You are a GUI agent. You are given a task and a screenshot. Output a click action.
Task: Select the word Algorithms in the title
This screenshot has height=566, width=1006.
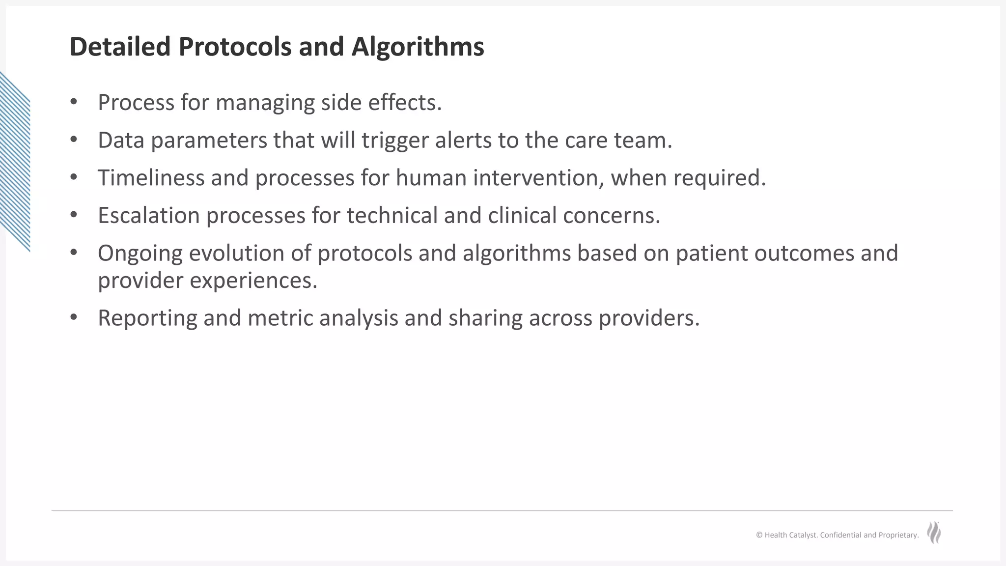click(x=418, y=48)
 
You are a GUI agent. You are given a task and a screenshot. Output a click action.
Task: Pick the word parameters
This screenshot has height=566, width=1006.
click(x=209, y=141)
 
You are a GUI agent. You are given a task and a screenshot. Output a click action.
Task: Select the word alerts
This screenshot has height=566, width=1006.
click(x=463, y=140)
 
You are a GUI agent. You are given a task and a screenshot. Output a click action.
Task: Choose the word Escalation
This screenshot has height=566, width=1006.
click(x=148, y=215)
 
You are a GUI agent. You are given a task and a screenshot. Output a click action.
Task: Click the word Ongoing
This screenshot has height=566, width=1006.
click(x=140, y=254)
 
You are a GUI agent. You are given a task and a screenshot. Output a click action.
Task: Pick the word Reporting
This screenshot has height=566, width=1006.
click(x=147, y=318)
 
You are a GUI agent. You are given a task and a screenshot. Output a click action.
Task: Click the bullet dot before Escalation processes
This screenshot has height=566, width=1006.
click(x=74, y=215)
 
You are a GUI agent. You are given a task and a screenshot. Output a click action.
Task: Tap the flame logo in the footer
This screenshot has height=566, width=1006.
click(x=934, y=533)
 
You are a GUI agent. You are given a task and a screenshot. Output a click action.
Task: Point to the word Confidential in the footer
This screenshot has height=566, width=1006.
click(x=840, y=535)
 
